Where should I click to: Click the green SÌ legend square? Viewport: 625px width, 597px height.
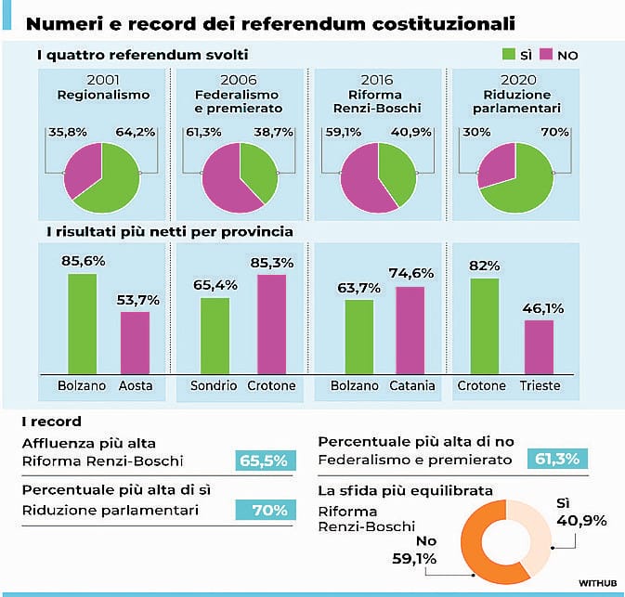coord(508,55)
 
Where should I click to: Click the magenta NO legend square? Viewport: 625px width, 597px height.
coord(548,55)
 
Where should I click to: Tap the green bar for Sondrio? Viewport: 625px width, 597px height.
coord(215,334)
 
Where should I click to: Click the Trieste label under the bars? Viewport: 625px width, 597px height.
coord(539,385)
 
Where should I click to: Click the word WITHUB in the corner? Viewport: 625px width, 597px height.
coord(597,582)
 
